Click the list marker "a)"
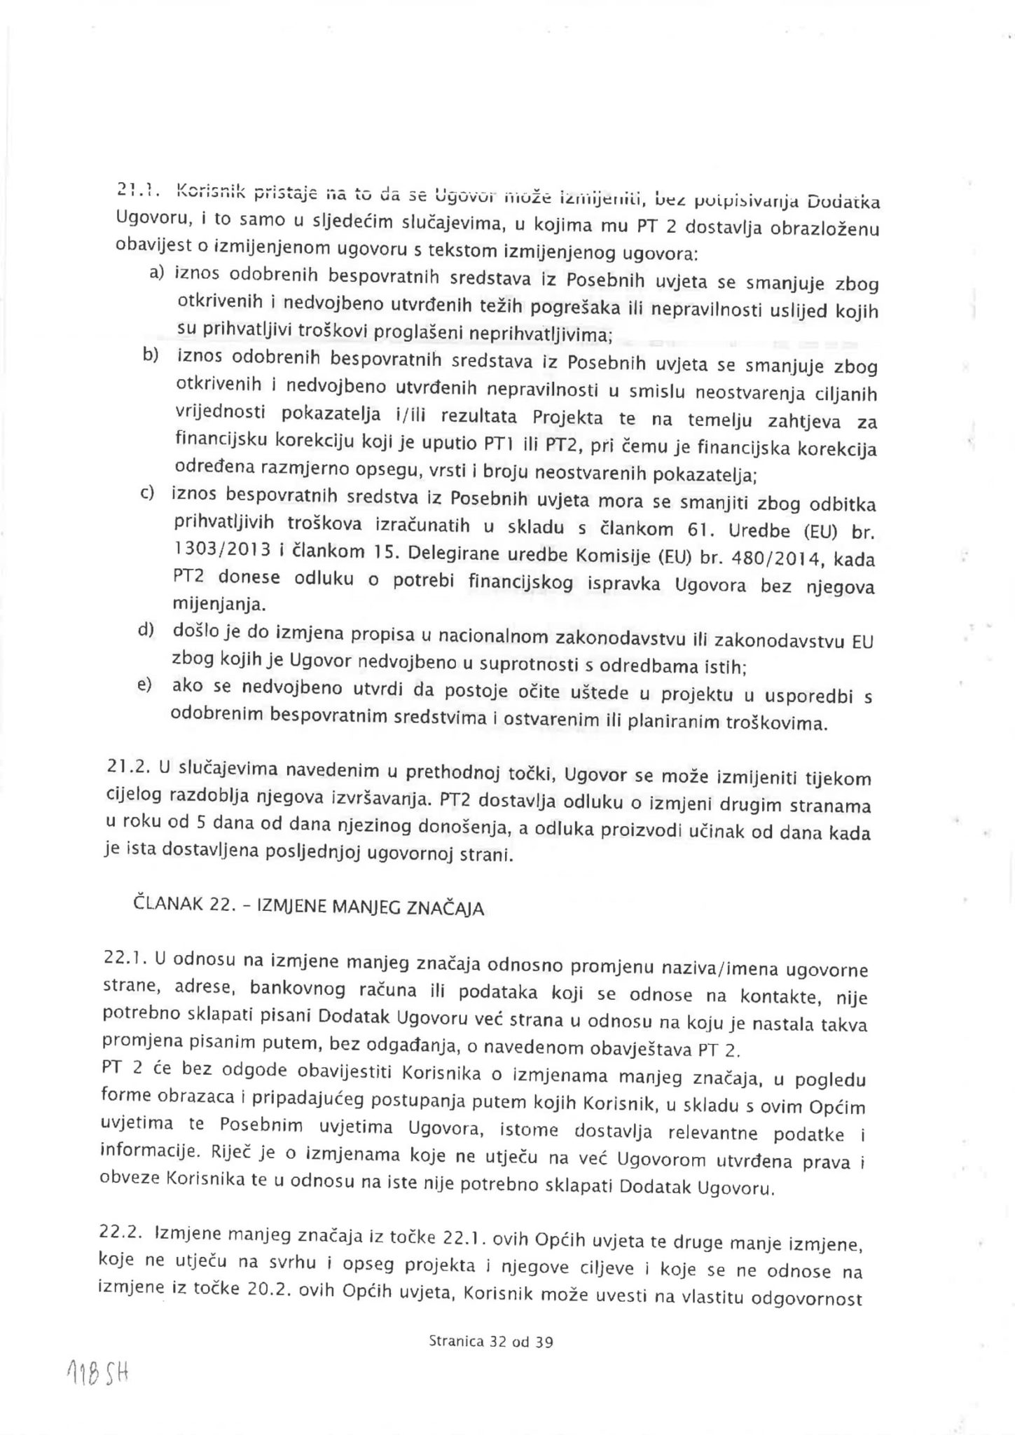(x=156, y=272)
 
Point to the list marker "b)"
(x=151, y=355)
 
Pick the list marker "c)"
(x=147, y=493)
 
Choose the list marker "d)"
(x=146, y=629)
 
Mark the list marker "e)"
(x=145, y=685)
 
